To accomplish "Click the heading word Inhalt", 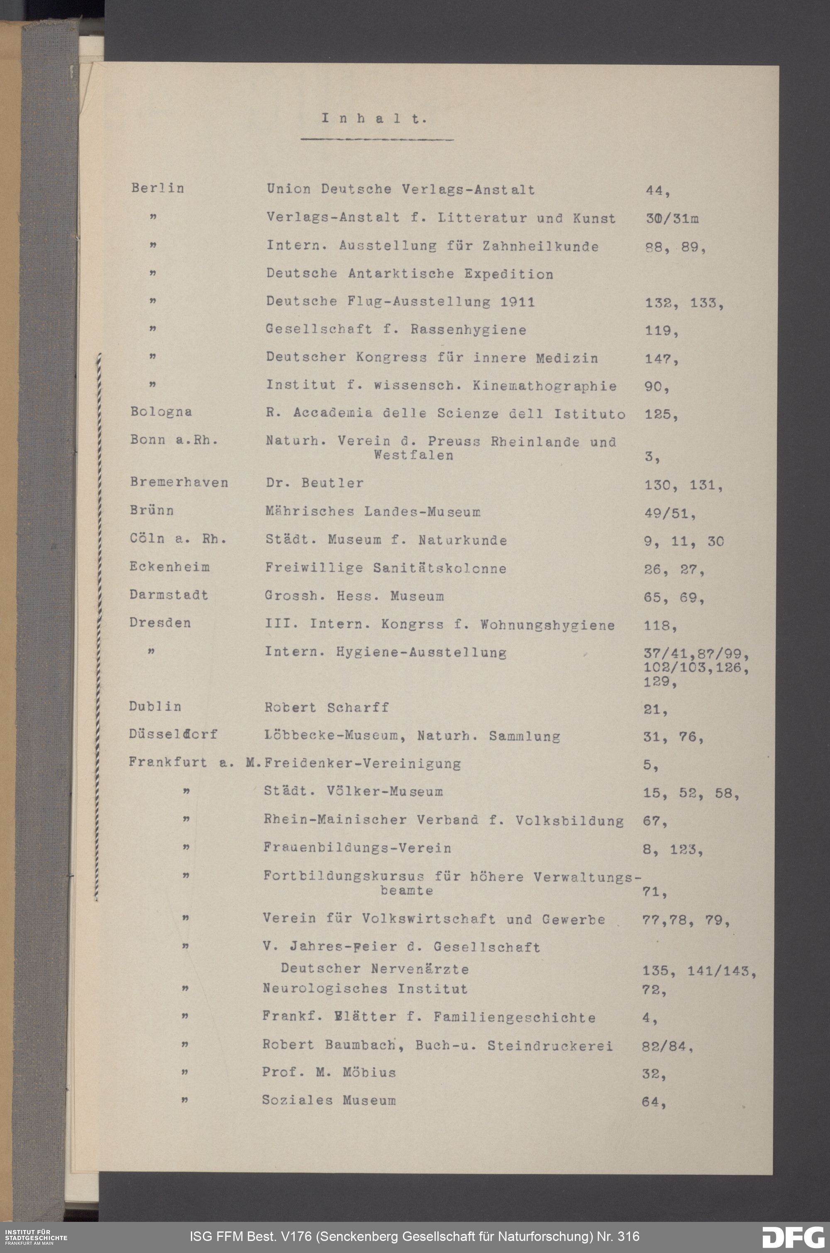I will [x=374, y=119].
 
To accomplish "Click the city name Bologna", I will [x=161, y=412].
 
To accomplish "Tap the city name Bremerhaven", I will [x=179, y=482].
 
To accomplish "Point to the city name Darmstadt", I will [x=168, y=594].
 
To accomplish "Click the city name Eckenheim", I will [x=169, y=567].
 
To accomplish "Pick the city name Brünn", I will [x=151, y=510].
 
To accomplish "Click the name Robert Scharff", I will [x=327, y=708].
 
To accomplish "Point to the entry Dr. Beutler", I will [x=315, y=483].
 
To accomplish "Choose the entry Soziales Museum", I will [x=329, y=1100].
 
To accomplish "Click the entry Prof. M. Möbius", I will [x=329, y=1072].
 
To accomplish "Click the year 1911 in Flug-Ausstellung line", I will [x=517, y=302].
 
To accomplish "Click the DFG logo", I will [x=792, y=1236].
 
